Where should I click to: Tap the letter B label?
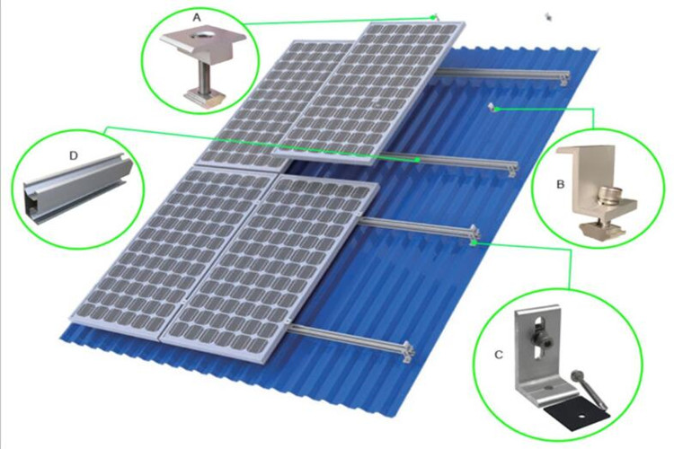click(x=560, y=186)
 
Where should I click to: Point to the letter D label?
click(x=74, y=154)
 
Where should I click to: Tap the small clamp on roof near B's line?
click(x=492, y=108)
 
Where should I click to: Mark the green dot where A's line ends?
click(x=434, y=16)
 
